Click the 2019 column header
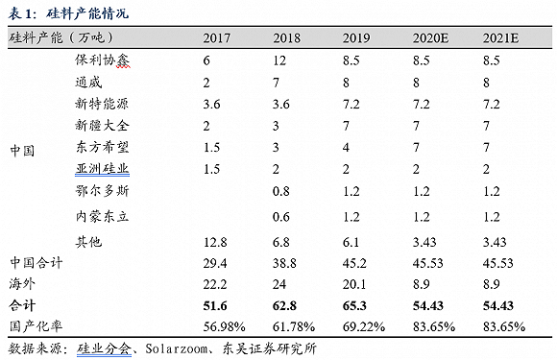click(x=356, y=38)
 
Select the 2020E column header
click(x=430, y=38)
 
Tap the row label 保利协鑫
click(x=103, y=60)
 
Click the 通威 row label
click(x=88, y=83)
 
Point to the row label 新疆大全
click(x=103, y=126)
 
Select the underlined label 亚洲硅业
click(x=103, y=169)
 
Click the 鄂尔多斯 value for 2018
click(x=281, y=191)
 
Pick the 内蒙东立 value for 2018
click(x=281, y=217)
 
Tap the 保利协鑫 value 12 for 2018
click(x=279, y=60)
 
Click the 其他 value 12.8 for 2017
click(x=215, y=243)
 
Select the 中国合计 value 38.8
click(x=284, y=263)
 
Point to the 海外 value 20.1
click(x=354, y=284)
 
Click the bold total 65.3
click(x=354, y=305)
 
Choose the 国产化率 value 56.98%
click(x=224, y=326)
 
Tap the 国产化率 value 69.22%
click(x=364, y=326)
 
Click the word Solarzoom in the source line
click(x=176, y=348)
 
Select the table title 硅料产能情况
click(x=87, y=13)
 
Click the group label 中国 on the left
click(x=22, y=151)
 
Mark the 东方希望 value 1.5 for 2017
click(x=211, y=147)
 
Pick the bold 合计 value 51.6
click(x=215, y=305)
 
